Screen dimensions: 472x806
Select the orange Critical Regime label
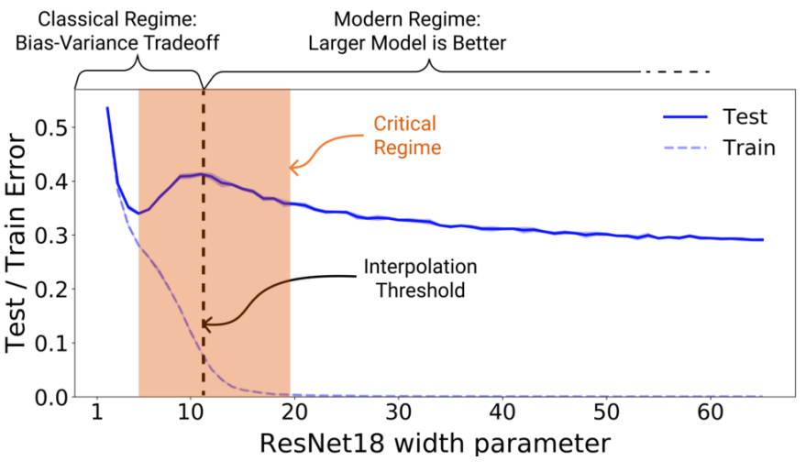[404, 135]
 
